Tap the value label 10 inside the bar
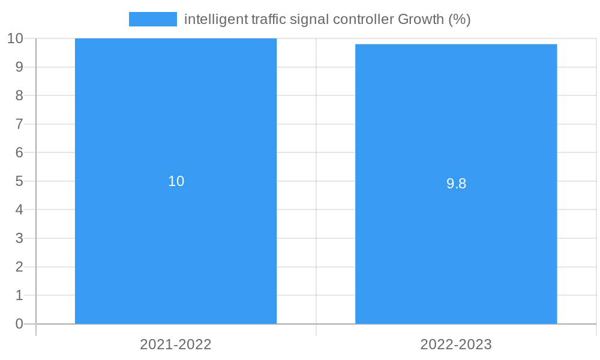pos(176,181)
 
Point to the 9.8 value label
pos(456,184)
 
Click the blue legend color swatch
pos(153,19)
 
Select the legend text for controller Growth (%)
pos(327,19)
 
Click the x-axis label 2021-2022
pos(176,344)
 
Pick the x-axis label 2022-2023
pos(456,344)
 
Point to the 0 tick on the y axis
pos(19,324)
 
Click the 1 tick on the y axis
pos(19,295)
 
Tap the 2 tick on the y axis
pos(19,267)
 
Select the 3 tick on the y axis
pos(19,238)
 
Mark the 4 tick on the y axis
pos(19,210)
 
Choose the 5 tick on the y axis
pos(19,181)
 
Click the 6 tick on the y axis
pos(19,152)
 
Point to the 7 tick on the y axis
pos(19,124)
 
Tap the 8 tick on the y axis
pos(19,95)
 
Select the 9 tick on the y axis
pos(19,67)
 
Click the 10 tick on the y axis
pos(15,38)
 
